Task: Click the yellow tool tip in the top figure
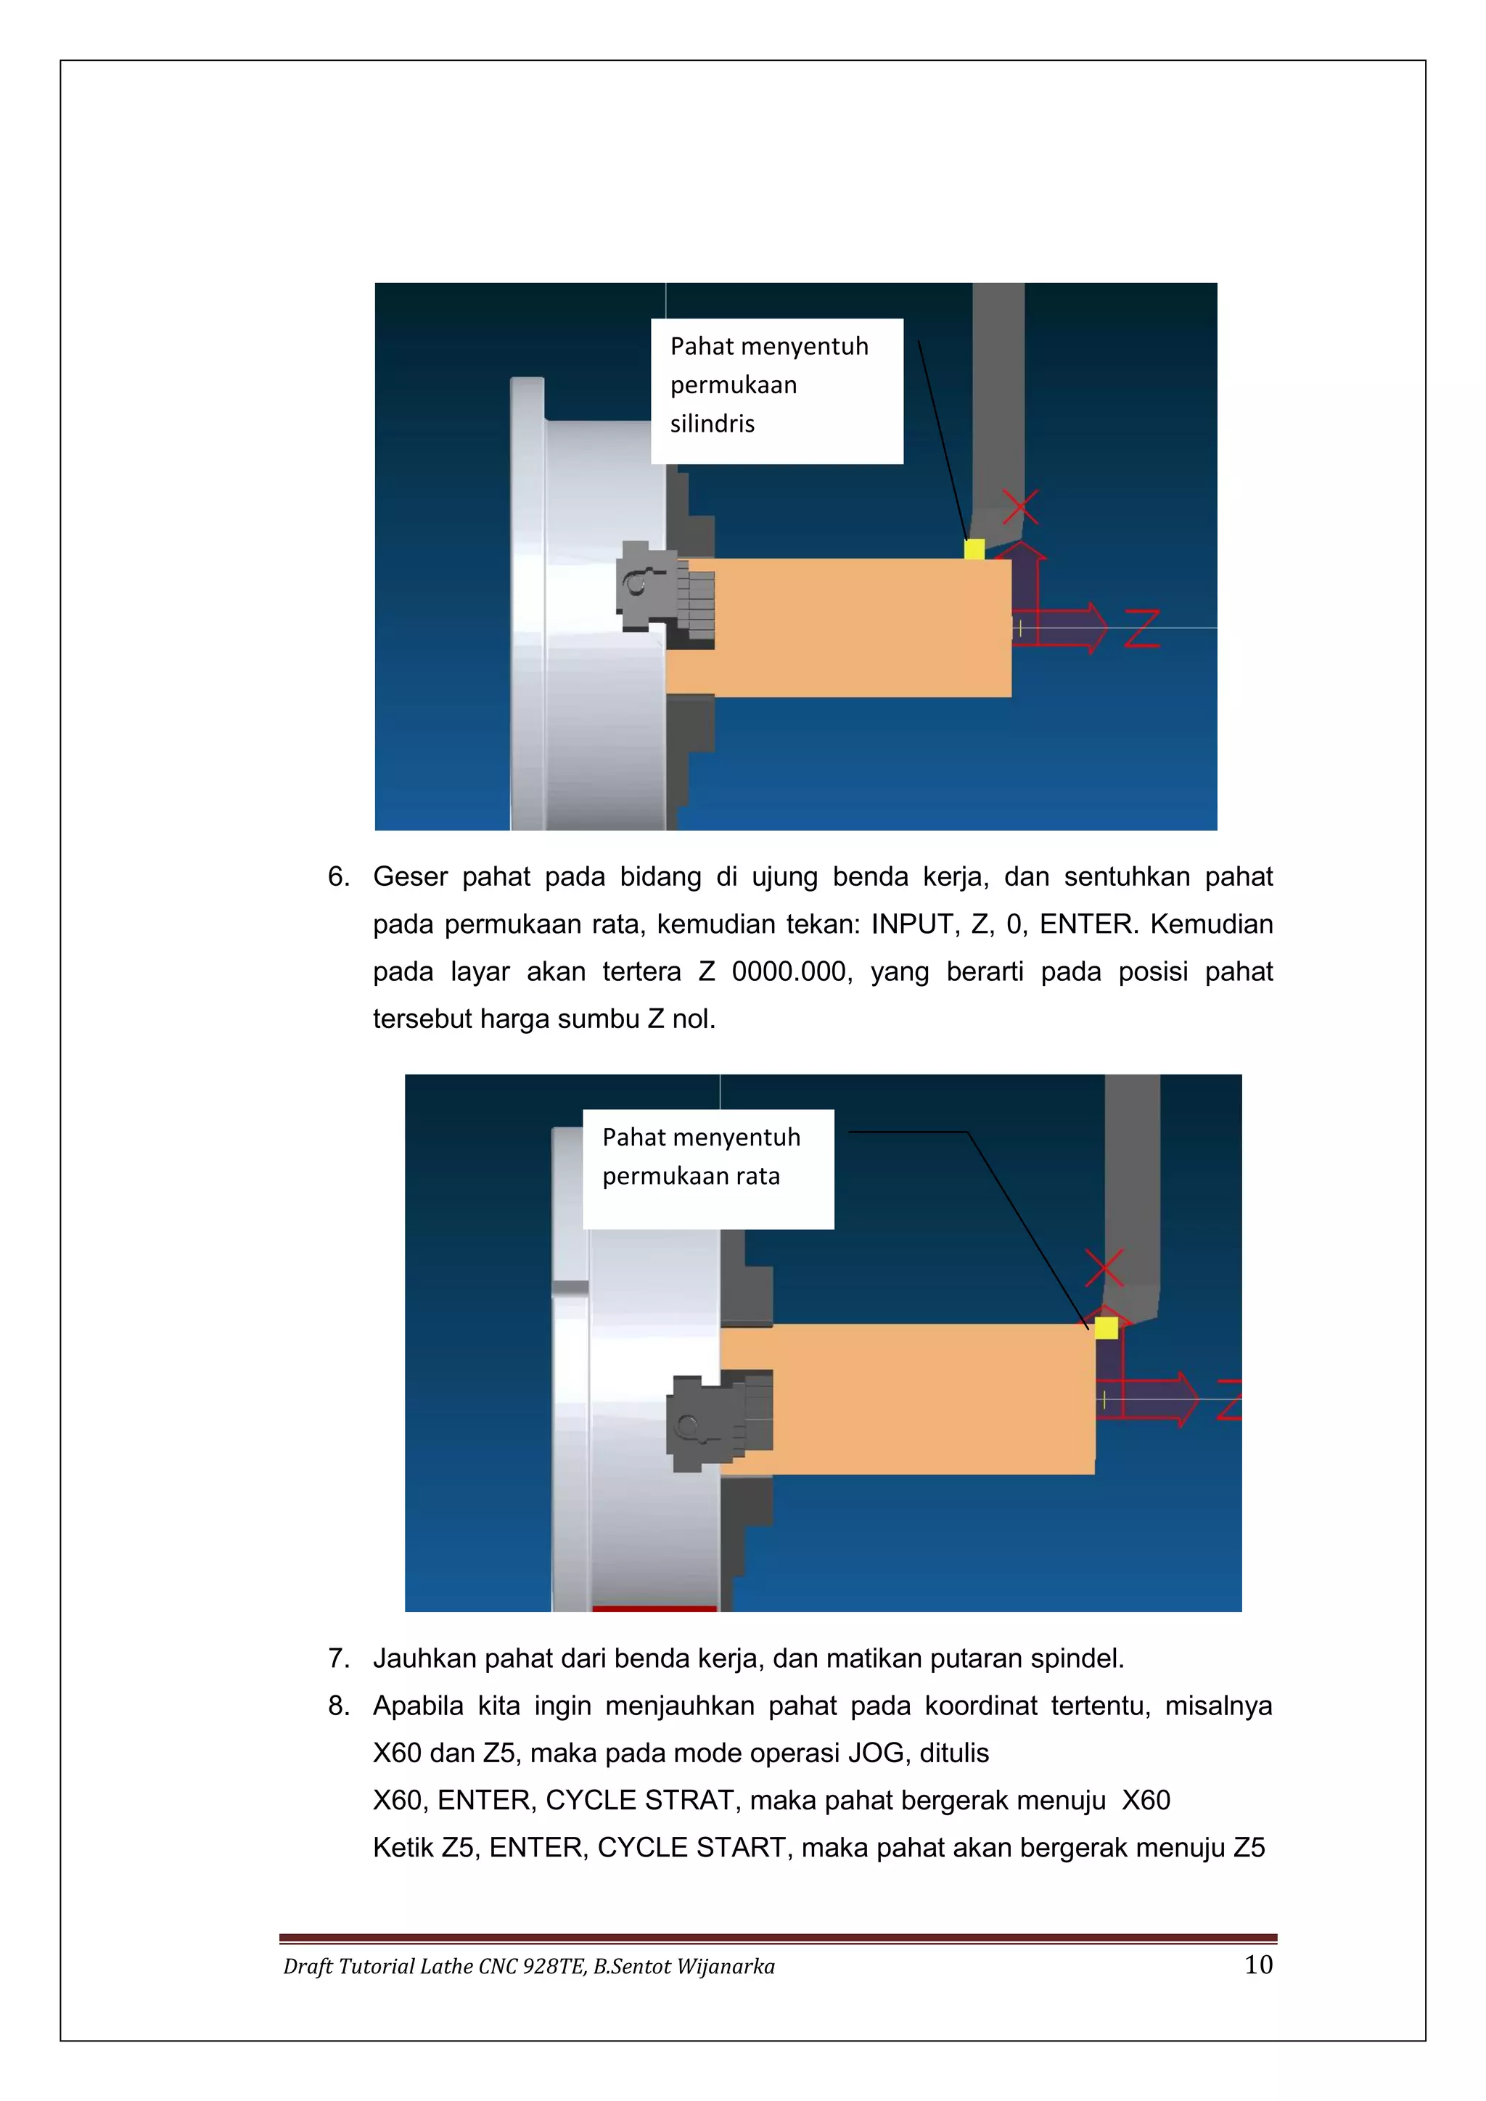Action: coord(974,549)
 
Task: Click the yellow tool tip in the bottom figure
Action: coord(1107,1327)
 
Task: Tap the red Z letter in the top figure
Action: coord(1142,629)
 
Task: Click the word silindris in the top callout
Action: coord(712,424)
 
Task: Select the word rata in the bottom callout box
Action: coord(756,1176)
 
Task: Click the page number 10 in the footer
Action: coord(1258,1965)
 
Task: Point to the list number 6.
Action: coord(339,876)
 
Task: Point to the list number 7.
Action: coord(339,1658)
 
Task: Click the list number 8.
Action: coord(339,1706)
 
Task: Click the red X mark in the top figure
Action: coord(1020,507)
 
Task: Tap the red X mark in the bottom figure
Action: coord(1104,1268)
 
